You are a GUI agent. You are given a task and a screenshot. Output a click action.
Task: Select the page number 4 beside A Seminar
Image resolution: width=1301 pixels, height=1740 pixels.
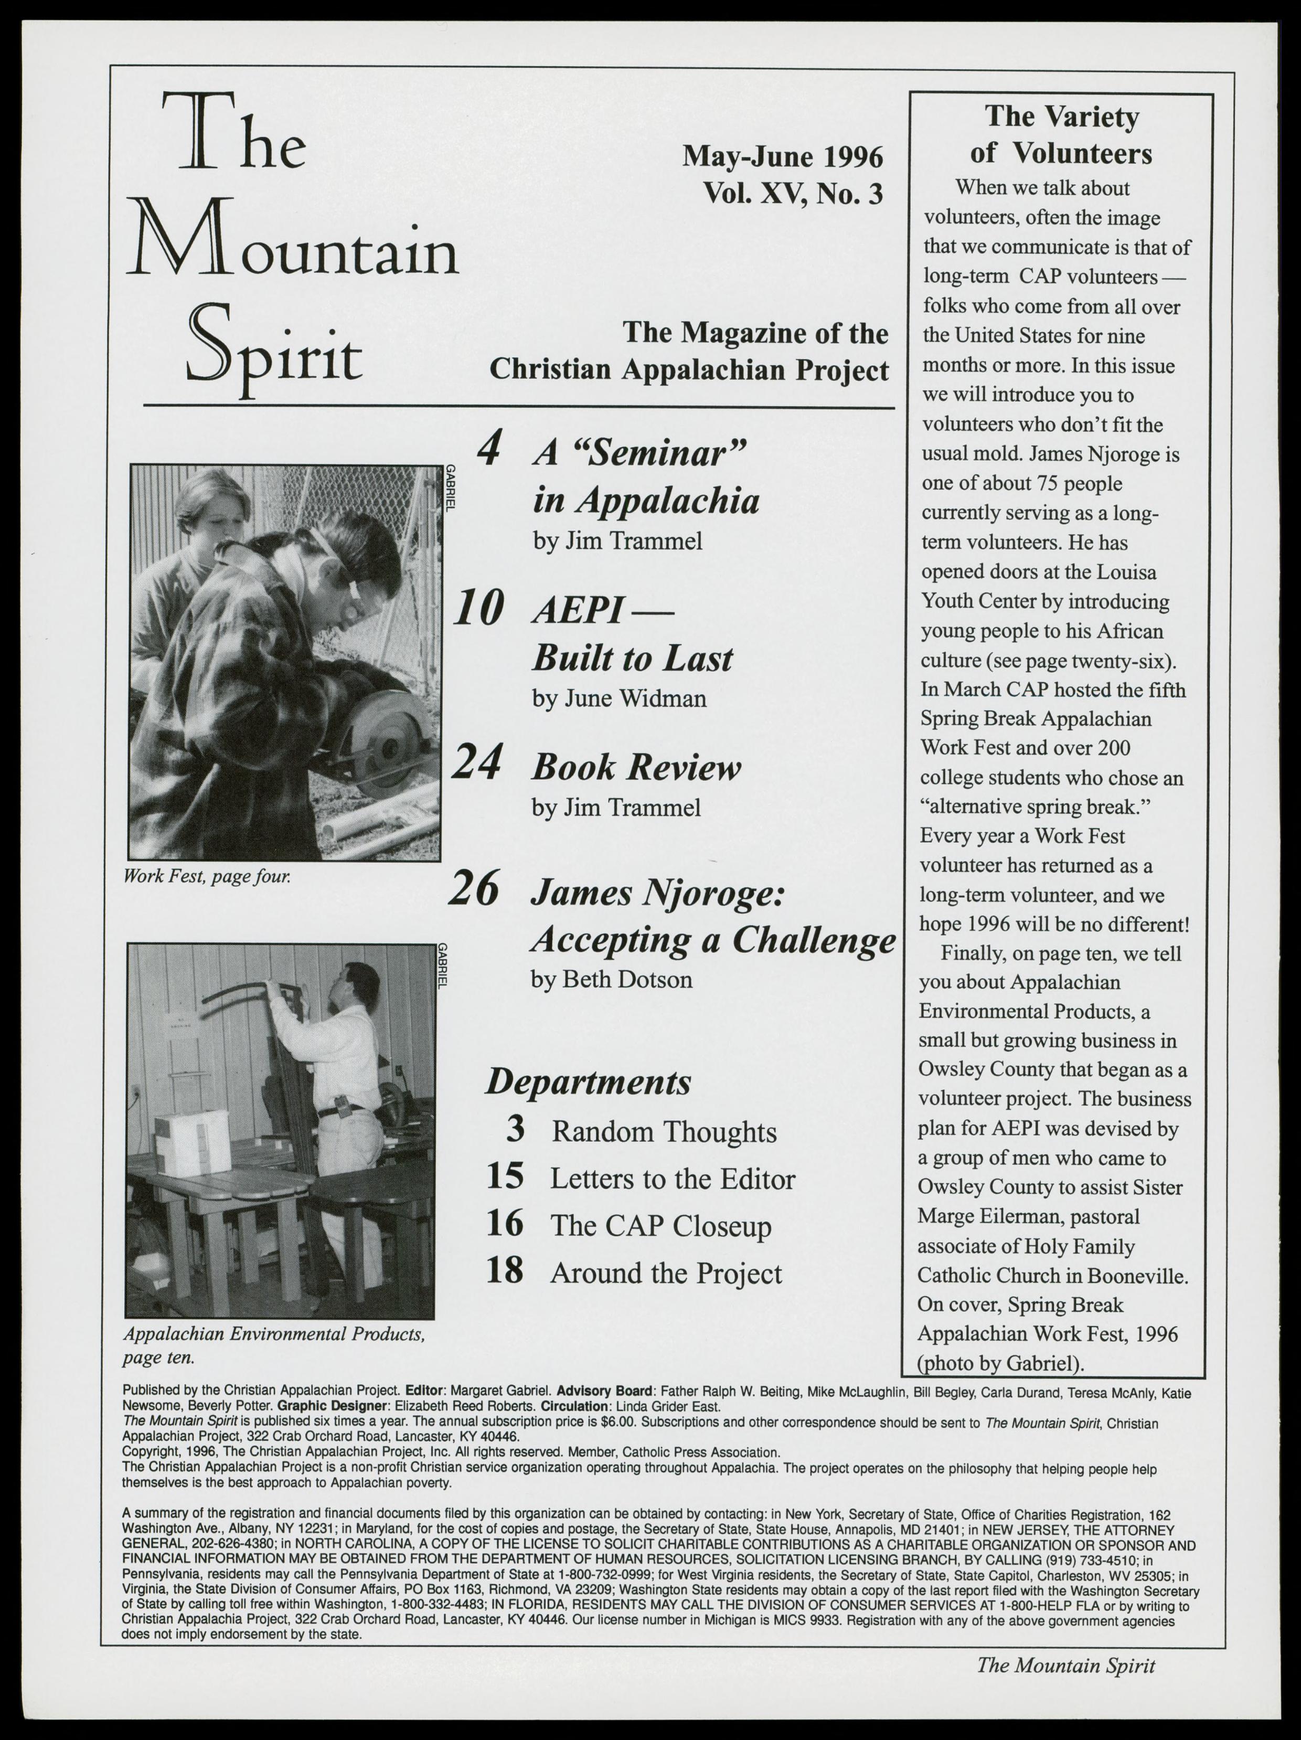pos(489,451)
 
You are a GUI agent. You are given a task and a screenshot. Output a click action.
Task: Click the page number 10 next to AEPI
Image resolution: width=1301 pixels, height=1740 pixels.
pos(479,610)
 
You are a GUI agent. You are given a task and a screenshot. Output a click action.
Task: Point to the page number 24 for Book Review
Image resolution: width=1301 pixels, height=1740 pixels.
pos(477,765)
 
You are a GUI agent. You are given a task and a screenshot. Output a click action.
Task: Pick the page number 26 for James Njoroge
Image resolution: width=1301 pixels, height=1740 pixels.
pos(474,891)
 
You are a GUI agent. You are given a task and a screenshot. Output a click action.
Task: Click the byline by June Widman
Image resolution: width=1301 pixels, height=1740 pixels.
pos(619,698)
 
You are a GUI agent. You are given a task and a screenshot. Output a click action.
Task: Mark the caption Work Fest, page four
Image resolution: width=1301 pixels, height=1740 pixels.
pos(208,875)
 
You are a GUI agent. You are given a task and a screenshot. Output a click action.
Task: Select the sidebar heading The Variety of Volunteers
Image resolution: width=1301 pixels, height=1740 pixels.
pos(1061,134)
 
